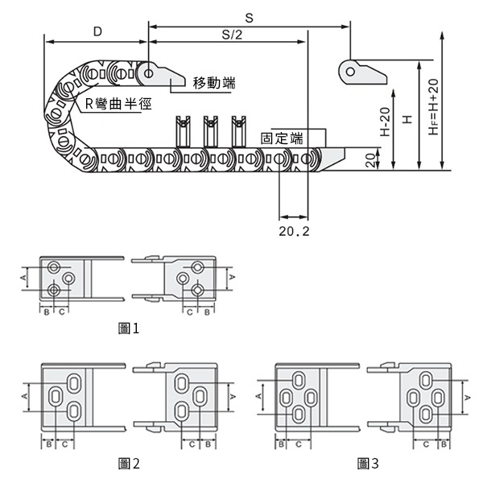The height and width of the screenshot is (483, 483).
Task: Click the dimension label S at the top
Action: pos(248,16)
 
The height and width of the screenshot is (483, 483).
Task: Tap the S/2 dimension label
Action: pos(231,35)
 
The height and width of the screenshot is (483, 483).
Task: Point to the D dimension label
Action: pos(97,31)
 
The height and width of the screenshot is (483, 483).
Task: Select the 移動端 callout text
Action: pos(214,83)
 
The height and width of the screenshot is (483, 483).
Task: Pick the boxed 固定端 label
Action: pos(282,138)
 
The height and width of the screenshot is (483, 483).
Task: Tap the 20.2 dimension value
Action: pos(293,231)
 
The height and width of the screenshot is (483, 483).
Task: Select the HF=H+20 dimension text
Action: pos(433,107)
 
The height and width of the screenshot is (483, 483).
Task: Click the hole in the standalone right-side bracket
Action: pos(349,71)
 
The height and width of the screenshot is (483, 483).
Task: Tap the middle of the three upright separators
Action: pos(212,128)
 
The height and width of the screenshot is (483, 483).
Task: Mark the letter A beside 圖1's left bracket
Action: pos(23,278)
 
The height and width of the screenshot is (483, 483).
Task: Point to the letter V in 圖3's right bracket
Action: pos(467,396)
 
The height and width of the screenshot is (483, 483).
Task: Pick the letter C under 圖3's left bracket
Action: pos(298,444)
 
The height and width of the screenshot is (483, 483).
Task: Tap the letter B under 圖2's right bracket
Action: pos(207,444)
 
